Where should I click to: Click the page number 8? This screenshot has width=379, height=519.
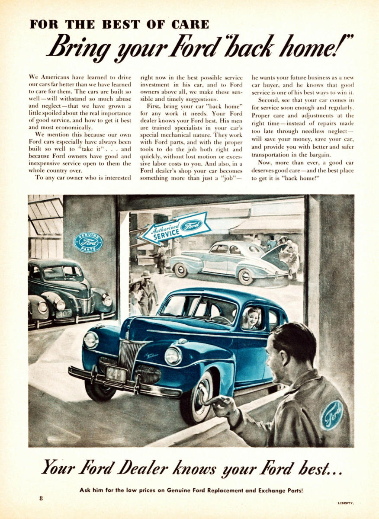(x=41, y=498)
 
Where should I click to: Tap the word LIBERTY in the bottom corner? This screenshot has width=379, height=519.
(x=346, y=503)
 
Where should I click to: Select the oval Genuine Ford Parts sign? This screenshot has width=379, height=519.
(x=89, y=242)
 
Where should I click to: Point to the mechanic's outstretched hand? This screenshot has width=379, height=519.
(x=222, y=405)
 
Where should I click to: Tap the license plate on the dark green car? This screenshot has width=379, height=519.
(x=63, y=314)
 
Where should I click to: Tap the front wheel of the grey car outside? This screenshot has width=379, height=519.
(x=180, y=270)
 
